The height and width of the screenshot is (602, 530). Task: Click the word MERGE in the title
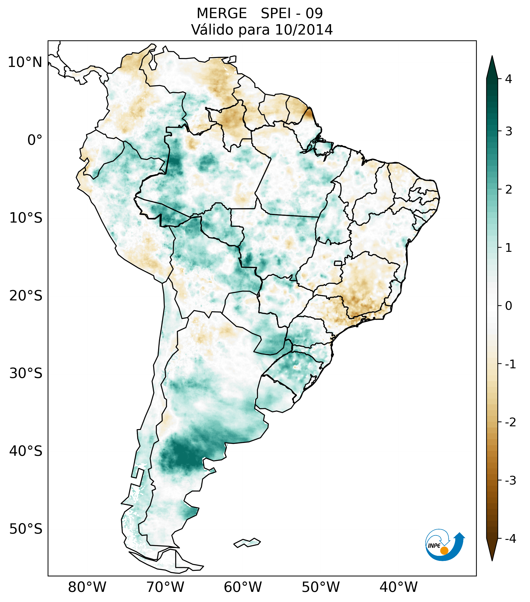click(221, 14)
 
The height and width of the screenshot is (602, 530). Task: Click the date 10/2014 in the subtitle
click(304, 30)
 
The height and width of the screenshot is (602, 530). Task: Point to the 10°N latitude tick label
click(25, 62)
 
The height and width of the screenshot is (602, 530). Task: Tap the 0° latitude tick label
click(35, 140)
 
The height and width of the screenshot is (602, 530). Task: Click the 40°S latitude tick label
click(26, 451)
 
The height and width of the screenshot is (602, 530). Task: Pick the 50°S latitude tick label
click(26, 529)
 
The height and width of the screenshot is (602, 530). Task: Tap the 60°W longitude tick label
click(243, 587)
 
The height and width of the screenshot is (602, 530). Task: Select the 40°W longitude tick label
click(398, 587)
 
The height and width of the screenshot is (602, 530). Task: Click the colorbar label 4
click(508, 79)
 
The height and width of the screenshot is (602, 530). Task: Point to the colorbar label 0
click(508, 306)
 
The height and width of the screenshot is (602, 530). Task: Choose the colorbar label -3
click(510, 480)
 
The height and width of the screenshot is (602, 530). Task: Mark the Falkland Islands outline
click(247, 543)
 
